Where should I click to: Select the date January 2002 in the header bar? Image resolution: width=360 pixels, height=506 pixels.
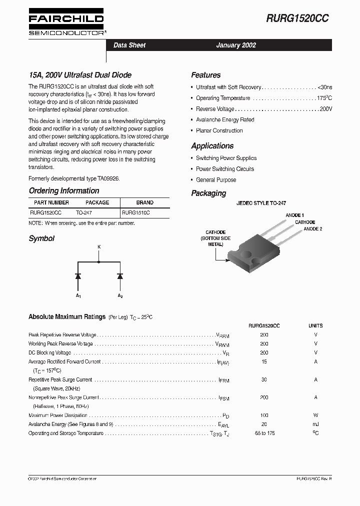click(235, 45)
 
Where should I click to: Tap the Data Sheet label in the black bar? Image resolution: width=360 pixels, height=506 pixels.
click(129, 45)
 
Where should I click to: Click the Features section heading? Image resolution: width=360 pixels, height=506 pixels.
click(205, 75)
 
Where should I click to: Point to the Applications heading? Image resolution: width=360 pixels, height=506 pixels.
click(212, 146)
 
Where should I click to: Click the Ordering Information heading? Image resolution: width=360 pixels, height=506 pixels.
click(64, 191)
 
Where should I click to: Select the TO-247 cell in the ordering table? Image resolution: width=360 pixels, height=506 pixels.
click(83, 212)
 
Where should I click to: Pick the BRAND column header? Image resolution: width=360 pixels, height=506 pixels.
click(144, 202)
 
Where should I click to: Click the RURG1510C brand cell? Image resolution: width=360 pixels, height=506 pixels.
click(136, 212)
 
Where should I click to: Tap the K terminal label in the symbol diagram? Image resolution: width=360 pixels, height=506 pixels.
click(98, 247)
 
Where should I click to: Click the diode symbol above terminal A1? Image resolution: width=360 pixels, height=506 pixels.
click(78, 276)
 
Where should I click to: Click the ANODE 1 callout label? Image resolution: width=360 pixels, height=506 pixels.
click(294, 215)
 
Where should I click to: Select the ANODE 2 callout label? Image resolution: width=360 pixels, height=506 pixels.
click(313, 228)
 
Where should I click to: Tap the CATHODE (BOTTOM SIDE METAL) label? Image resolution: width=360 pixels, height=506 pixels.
click(215, 238)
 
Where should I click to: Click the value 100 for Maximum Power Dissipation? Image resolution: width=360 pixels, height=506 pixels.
click(264, 415)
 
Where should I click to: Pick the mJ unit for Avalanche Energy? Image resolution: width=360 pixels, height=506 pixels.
click(315, 424)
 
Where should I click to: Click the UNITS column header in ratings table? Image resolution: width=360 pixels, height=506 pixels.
click(315, 325)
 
